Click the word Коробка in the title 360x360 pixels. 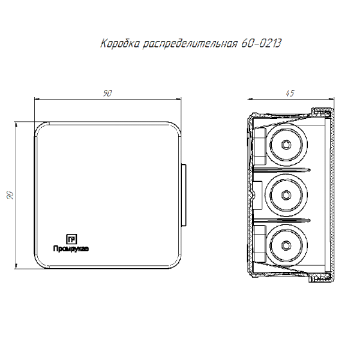[x=119, y=43]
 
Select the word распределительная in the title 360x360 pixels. [x=190, y=44]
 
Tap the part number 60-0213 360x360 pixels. [x=261, y=43]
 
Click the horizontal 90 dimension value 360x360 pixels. [x=107, y=93]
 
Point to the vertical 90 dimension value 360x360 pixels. [x=11, y=195]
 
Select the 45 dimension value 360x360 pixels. [x=290, y=93]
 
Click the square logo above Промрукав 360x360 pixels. [x=71, y=239]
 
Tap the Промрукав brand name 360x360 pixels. [x=71, y=248]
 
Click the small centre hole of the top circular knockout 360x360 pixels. [x=286, y=145]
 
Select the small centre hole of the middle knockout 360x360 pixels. [x=286, y=195]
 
